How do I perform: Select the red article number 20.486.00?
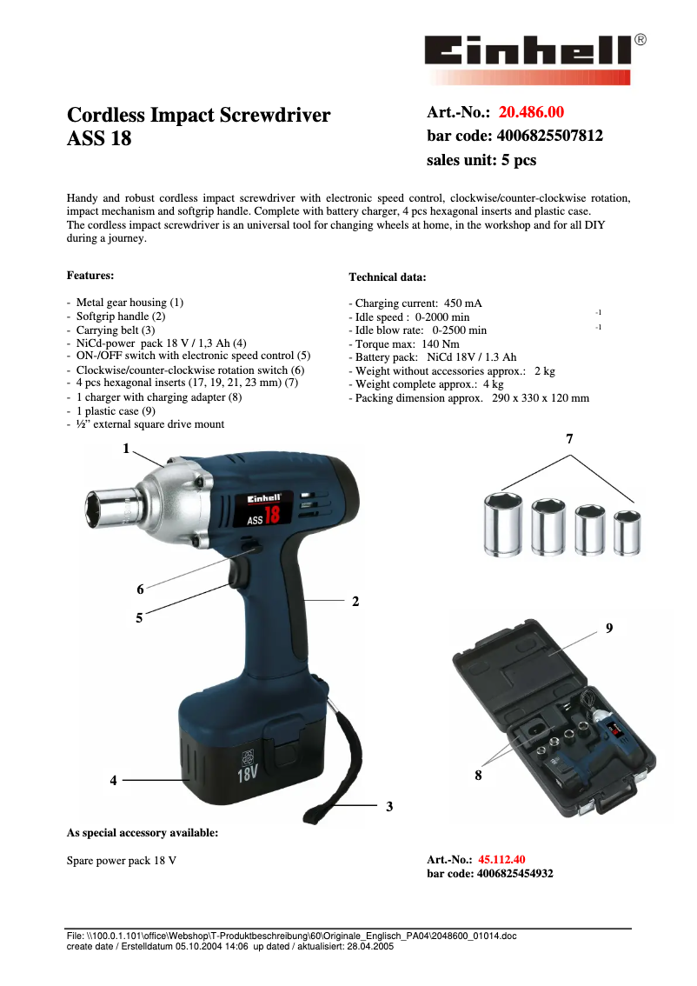pyautogui.click(x=531, y=112)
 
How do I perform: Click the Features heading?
pyautogui.click(x=90, y=276)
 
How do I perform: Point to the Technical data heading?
pyautogui.click(x=388, y=277)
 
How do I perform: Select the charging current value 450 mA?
pyautogui.click(x=462, y=303)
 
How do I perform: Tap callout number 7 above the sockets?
pyautogui.click(x=570, y=440)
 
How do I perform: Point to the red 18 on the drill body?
pyautogui.click(x=271, y=514)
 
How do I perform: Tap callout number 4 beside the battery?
pyautogui.click(x=113, y=781)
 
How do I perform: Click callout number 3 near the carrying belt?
pyautogui.click(x=389, y=807)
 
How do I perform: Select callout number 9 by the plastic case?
pyautogui.click(x=609, y=628)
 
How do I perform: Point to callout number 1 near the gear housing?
pyautogui.click(x=126, y=449)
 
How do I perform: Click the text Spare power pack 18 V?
pyautogui.click(x=122, y=861)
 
